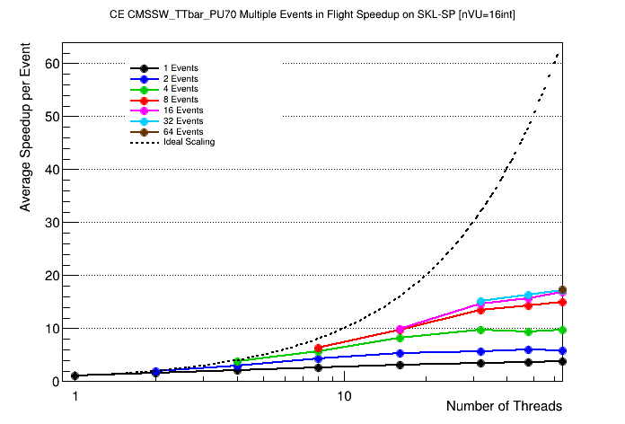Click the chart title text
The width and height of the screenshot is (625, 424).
click(312, 15)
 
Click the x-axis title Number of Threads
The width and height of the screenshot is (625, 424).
click(504, 407)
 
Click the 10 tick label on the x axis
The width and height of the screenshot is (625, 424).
click(343, 396)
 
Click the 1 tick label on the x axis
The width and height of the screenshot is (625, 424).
click(75, 396)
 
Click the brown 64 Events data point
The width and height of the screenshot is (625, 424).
click(562, 290)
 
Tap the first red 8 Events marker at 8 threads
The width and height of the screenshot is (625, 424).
click(318, 349)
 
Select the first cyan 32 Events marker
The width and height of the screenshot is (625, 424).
click(481, 302)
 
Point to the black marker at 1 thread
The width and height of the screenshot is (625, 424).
click(75, 376)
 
